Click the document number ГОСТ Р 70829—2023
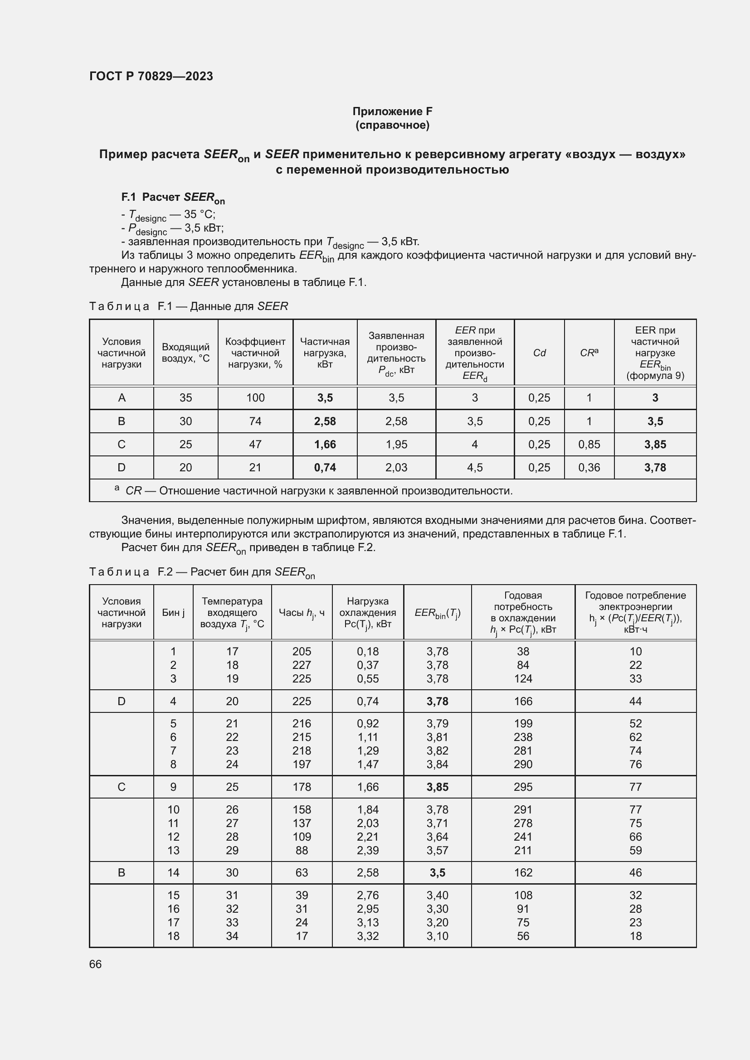[151, 76]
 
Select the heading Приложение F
[392, 111]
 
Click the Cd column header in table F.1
[539, 353]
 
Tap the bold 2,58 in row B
[325, 421]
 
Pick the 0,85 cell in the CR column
[589, 444]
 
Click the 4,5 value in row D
[474, 467]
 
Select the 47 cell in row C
[255, 444]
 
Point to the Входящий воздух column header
[185, 353]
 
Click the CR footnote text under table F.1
[319, 490]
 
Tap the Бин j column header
[173, 612]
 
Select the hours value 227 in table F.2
[302, 665]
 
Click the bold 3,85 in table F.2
[437, 787]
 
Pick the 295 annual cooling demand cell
[523, 787]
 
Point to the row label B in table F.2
[122, 872]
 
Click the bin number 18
[173, 936]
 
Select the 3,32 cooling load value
[368, 936]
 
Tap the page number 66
[95, 964]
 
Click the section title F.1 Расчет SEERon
[173, 198]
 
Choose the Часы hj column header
[302, 612]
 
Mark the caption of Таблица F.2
[202, 572]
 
